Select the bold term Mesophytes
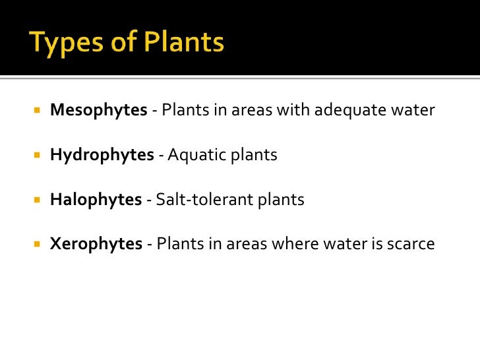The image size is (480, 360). click(x=98, y=110)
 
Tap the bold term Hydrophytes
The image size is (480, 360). click(x=102, y=155)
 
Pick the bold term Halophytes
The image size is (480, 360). click(x=96, y=200)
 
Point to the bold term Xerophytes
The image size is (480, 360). click(x=96, y=245)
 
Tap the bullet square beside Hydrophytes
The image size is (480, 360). click(x=37, y=156)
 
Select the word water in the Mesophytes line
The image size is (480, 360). click(x=414, y=111)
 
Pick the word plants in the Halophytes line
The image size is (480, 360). click(x=282, y=200)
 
